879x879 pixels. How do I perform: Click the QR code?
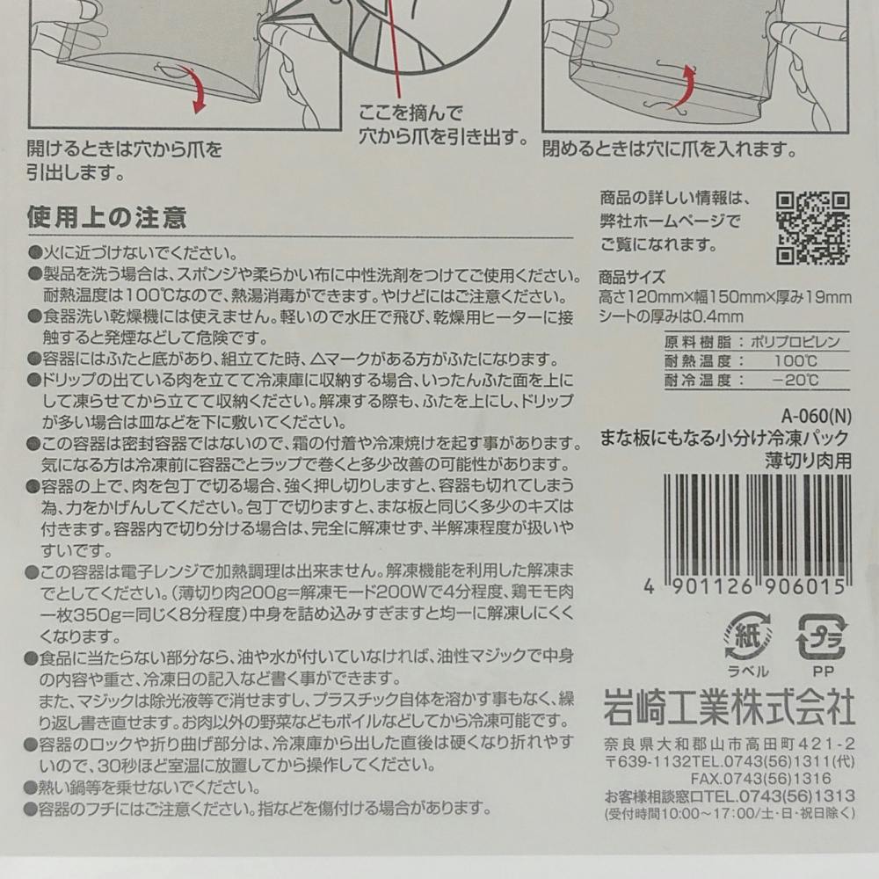813,228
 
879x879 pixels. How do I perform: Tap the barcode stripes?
758,526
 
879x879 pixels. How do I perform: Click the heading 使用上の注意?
106,217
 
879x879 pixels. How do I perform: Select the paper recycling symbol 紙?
748,636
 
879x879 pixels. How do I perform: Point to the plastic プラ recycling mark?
822,637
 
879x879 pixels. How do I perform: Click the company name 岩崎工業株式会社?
729,707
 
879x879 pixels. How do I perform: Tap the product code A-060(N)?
817,417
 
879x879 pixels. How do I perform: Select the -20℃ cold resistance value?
795,380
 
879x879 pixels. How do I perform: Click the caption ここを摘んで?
410,113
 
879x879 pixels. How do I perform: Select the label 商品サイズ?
632,277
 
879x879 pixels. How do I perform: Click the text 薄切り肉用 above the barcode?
809,461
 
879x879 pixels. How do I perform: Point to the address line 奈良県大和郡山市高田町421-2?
730,745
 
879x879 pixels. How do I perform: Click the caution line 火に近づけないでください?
134,253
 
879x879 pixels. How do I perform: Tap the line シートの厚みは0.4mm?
671,316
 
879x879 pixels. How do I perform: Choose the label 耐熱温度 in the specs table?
698,361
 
